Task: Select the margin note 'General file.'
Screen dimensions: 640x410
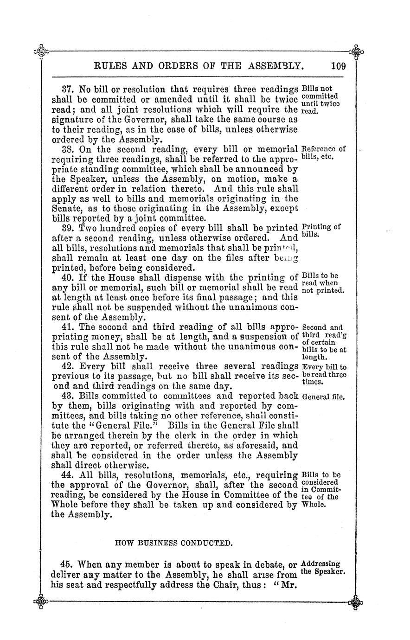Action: pos(323,397)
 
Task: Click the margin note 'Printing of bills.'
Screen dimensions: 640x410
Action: pos(321,231)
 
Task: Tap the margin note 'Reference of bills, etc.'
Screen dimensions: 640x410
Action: pos(323,153)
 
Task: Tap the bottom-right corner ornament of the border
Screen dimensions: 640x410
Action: pos(356,603)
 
